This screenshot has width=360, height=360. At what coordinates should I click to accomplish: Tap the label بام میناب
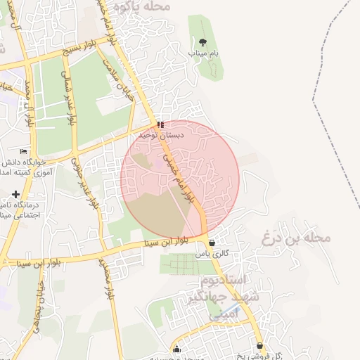(204, 53)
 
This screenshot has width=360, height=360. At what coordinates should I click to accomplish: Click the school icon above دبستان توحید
(161, 124)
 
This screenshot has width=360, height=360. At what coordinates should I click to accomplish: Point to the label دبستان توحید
(161, 134)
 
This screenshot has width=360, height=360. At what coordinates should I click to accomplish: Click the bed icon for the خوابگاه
(24, 151)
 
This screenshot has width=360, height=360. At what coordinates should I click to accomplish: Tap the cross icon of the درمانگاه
(15, 194)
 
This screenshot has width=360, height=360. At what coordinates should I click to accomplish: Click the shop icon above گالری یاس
(212, 243)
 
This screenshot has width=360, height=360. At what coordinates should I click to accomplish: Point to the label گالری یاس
(212, 253)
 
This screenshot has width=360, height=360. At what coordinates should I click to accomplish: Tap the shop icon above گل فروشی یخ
(260, 346)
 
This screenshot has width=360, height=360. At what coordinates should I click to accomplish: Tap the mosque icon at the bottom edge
(176, 349)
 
